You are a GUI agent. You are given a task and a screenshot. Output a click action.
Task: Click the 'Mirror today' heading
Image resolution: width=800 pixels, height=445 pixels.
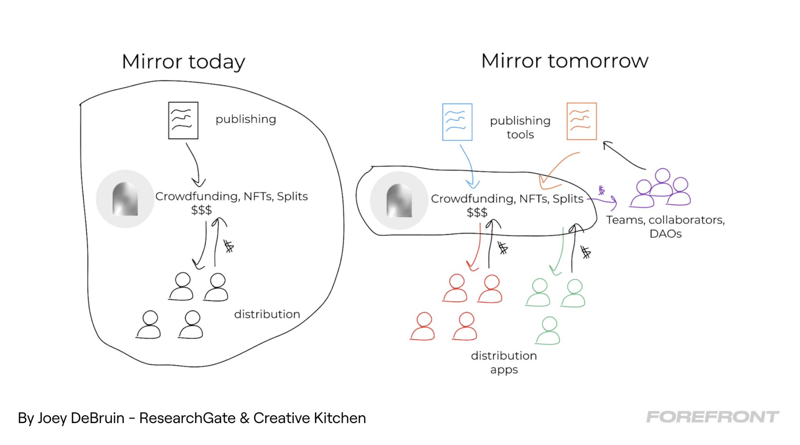183,62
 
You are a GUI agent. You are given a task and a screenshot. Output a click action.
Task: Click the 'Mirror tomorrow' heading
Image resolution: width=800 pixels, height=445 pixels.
564,61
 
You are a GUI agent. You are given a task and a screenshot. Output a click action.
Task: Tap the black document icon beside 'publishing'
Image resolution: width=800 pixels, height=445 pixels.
183,120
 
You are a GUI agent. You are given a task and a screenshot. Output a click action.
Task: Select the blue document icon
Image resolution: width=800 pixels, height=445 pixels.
457,122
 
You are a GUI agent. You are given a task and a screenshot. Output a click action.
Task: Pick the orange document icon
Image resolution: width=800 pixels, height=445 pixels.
582,121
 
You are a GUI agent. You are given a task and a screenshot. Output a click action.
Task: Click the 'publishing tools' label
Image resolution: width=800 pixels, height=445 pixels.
520,127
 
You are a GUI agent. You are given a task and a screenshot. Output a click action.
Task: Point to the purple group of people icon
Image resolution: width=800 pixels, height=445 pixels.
661,188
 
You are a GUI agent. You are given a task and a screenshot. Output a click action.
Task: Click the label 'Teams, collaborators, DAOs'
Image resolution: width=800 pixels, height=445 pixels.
665,227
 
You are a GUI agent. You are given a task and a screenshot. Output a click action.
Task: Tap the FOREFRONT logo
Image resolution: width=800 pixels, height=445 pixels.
712,417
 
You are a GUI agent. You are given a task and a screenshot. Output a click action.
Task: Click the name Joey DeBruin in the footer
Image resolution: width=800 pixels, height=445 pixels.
81,418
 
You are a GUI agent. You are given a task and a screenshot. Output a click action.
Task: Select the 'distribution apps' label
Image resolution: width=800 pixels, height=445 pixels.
504,362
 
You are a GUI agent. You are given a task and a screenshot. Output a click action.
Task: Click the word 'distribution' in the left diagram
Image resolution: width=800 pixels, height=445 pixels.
267,314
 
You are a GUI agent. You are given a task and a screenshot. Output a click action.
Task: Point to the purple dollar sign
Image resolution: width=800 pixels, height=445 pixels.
602,190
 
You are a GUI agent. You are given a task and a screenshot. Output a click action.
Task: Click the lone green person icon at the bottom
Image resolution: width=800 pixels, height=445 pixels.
548,331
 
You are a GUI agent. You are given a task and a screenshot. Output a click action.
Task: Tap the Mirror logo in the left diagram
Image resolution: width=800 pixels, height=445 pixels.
125,199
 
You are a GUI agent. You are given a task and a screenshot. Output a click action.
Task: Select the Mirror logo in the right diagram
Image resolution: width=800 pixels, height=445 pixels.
399,200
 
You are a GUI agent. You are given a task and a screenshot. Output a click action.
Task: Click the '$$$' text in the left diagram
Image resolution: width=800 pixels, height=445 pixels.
201,210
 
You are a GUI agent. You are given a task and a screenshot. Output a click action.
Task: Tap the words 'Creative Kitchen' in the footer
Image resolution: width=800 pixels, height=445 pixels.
309,418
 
